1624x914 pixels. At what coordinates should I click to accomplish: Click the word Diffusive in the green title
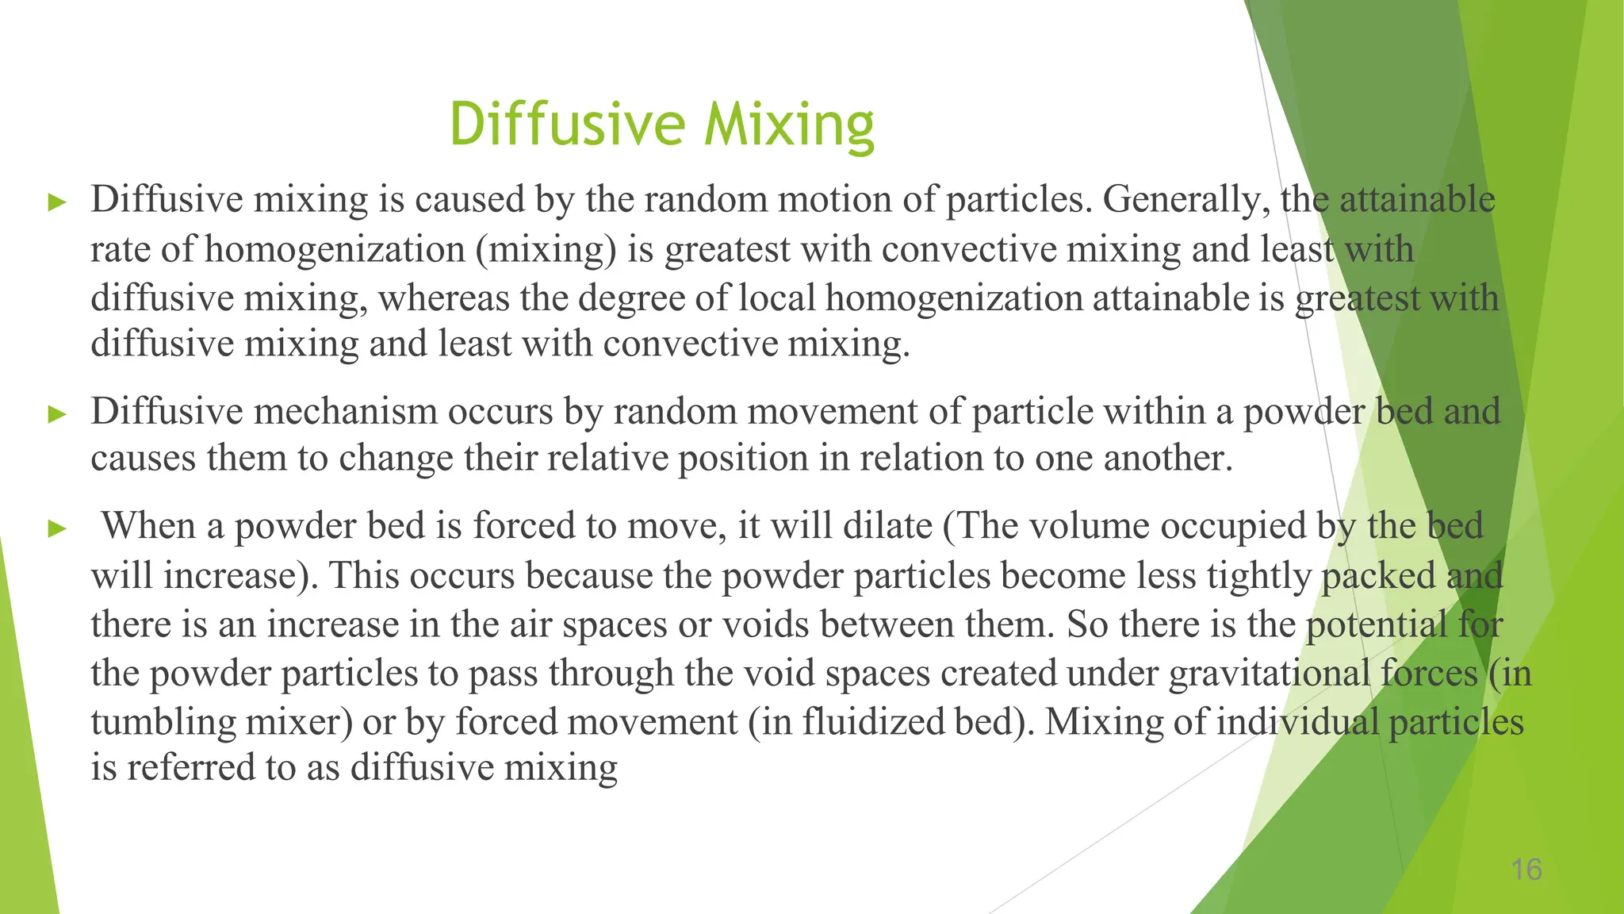tap(567, 125)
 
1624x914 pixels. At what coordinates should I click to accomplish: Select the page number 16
tap(1526, 870)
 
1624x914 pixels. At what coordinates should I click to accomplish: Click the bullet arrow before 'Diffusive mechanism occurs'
tap(57, 414)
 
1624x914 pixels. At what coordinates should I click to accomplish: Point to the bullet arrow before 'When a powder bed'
tap(57, 528)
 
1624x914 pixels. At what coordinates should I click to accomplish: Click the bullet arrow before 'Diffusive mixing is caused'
tap(57, 202)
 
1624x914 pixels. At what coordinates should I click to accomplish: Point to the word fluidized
tap(875, 722)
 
